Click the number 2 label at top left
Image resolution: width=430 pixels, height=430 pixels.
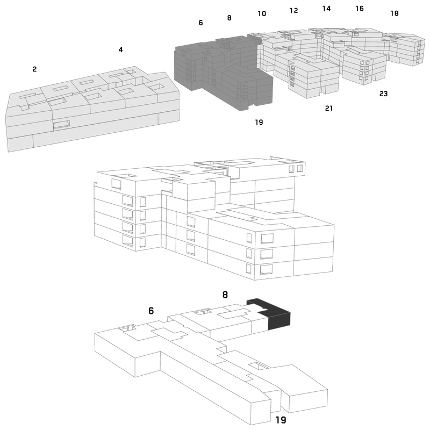coord(34,69)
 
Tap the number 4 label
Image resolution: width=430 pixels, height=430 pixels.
coord(120,49)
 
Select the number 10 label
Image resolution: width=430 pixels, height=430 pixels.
coord(262,13)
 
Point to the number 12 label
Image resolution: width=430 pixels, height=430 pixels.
coord(293,10)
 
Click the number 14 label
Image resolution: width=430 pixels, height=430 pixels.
coord(326,9)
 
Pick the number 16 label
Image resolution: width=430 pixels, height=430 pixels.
coord(360,9)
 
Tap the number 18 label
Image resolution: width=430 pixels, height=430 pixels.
coord(395,13)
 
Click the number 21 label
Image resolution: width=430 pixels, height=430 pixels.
coord(329,109)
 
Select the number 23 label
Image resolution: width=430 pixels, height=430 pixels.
coord(383,94)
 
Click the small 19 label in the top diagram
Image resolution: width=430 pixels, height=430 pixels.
coord(259,122)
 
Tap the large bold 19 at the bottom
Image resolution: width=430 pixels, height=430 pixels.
coord(281,420)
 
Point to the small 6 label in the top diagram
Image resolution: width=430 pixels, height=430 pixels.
coord(200,23)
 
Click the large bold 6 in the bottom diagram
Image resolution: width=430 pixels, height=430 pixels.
coord(151,311)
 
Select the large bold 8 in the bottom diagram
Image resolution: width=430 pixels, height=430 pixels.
coord(225,295)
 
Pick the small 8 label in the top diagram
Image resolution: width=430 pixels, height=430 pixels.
coord(230,18)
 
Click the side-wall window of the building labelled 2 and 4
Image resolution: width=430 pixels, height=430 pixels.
coord(61,124)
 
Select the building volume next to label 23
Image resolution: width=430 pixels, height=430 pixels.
coord(364,66)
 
